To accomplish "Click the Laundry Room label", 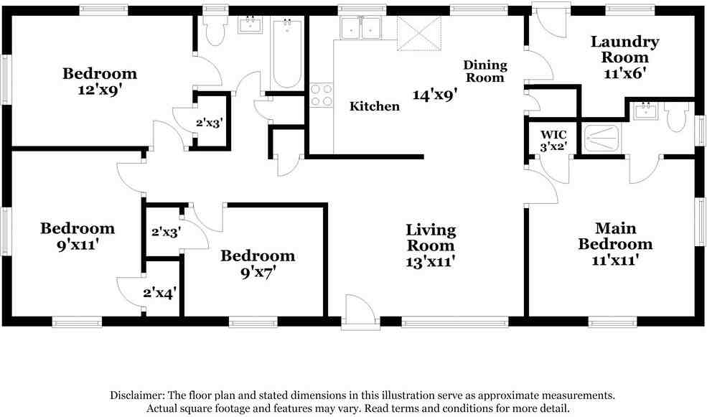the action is click(x=625, y=50).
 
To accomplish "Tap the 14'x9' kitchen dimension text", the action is click(x=436, y=95).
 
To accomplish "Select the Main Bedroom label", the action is click(x=615, y=236).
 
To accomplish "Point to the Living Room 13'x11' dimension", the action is click(x=430, y=261).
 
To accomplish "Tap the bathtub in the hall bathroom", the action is click(x=287, y=53).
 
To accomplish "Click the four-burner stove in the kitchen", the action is click(x=321, y=95).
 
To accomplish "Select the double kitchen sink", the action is click(x=361, y=28).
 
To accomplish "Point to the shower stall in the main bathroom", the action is click(x=601, y=139).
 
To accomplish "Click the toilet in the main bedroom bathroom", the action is click(x=678, y=116).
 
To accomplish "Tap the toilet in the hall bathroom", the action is click(x=214, y=29).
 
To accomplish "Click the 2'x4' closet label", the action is click(x=159, y=294).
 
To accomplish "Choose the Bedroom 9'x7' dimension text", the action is click(x=258, y=272).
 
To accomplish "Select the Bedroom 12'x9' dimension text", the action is click(x=100, y=90).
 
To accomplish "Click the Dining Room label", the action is click(x=485, y=71).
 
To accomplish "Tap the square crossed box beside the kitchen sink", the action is click(x=419, y=33).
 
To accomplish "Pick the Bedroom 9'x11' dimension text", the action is click(x=78, y=245).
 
